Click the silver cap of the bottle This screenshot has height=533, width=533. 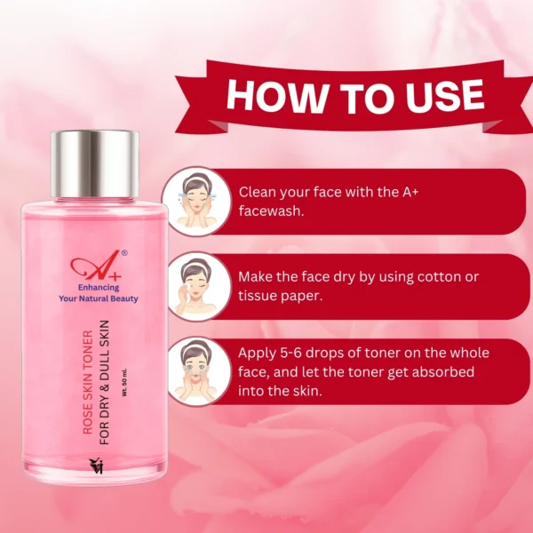tap(95, 163)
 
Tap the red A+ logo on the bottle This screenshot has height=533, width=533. tap(96, 265)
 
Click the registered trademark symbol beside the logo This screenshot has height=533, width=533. tap(124, 252)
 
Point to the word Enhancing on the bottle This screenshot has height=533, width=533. tap(99, 288)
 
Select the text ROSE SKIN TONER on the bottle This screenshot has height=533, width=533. tap(88, 382)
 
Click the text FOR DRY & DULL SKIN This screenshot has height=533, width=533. tap(104, 382)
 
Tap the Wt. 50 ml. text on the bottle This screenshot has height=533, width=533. tap(124, 382)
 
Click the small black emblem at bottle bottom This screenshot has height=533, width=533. tap(96, 465)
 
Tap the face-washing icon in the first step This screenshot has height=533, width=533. tap(196, 201)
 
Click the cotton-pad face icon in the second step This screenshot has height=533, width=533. tap(196, 286)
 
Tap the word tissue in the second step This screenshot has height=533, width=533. tap(258, 296)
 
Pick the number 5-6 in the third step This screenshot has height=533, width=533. tap(291, 354)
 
